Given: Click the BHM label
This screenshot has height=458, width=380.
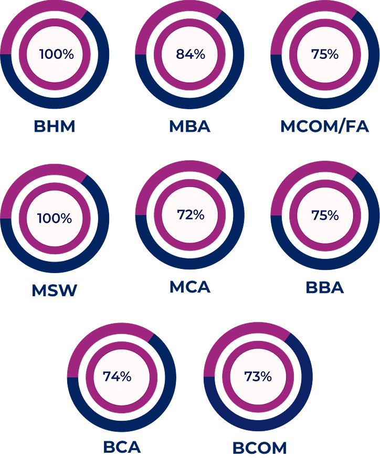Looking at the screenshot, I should point(55,127).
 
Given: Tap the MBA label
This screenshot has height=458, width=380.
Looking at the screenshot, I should point(189,127).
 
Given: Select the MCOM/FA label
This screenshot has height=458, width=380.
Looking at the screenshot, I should point(325,127).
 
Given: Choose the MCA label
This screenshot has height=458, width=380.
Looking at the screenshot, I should point(189,287).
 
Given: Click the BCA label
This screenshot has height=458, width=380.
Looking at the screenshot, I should point(122,447).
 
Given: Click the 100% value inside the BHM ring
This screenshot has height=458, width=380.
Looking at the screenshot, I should point(57,54).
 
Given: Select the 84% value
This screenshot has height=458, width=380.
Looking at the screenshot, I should point(190,54).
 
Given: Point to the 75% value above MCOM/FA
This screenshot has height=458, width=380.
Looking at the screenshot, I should point(325,54).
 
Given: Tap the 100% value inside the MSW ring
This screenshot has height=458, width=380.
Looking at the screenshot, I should point(55,218).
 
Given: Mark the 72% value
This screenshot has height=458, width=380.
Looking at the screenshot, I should point(190,215).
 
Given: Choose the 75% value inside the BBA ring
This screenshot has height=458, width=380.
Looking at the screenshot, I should point(325,215).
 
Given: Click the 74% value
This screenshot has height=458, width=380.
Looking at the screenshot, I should point(117,377).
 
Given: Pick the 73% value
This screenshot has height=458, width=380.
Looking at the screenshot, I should point(258,377).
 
